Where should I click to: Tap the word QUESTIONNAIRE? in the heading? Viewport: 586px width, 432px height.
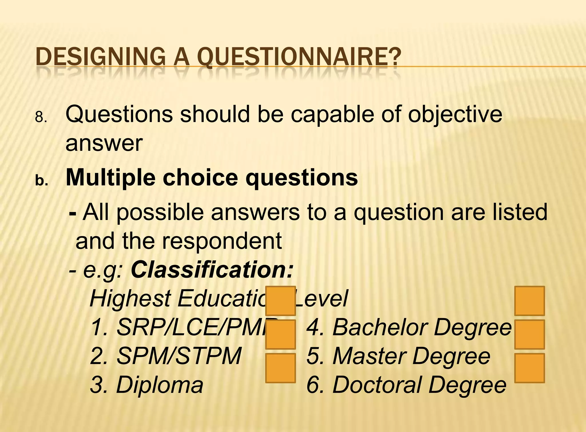pos(299,57)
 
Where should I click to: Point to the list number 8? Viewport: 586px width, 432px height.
pos(41,117)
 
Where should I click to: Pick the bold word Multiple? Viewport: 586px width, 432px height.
pos(111,178)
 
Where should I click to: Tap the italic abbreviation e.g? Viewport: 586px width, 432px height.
pos(103,270)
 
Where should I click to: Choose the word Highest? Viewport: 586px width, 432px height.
pos(130,299)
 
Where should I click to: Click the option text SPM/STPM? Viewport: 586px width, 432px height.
pos(179,356)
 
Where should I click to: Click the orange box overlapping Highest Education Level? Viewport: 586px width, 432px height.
pos(280,301)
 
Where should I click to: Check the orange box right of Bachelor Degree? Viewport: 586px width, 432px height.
pos(529,334)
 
